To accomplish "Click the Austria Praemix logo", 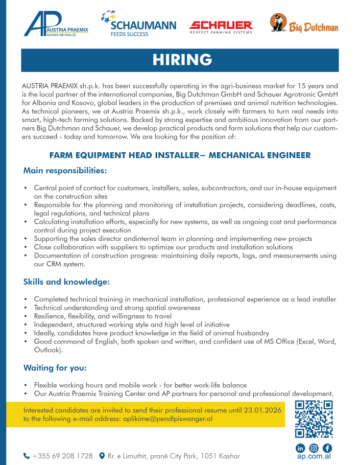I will tap(56, 24).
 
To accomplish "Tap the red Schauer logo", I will tap(221, 26).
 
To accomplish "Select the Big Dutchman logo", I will tap(304, 24).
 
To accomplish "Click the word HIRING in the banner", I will tap(182, 60).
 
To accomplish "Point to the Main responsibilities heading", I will tap(65, 171).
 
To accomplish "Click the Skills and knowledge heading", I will tap(66, 282).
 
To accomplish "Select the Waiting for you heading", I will tap(55, 368).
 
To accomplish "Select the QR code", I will tap(314, 419).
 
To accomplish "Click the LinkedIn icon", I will tap(300, 448).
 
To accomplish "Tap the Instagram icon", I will tap(314, 448).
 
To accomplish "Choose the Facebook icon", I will tap(327, 448).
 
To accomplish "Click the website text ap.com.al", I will tap(314, 456).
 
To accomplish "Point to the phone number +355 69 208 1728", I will tap(63, 456).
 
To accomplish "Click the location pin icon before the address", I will tap(102, 456).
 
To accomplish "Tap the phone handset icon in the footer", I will tap(26, 456).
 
